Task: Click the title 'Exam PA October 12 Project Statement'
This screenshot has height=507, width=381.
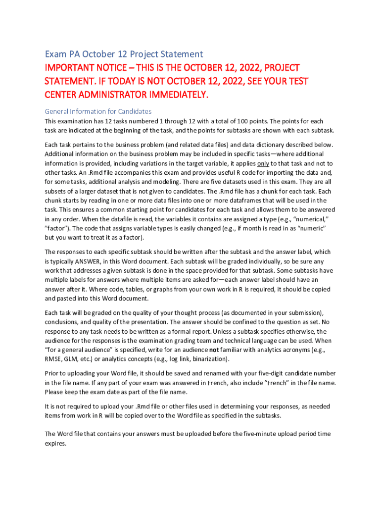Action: pyautogui.click(x=124, y=54)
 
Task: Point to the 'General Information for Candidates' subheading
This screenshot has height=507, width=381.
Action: pyautogui.click(x=98, y=111)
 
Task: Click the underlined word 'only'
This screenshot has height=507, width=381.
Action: pyautogui.click(x=263, y=163)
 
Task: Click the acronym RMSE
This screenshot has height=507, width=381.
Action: pyautogui.click(x=54, y=358)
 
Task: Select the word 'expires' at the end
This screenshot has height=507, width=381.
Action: pyautogui.click(x=55, y=444)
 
